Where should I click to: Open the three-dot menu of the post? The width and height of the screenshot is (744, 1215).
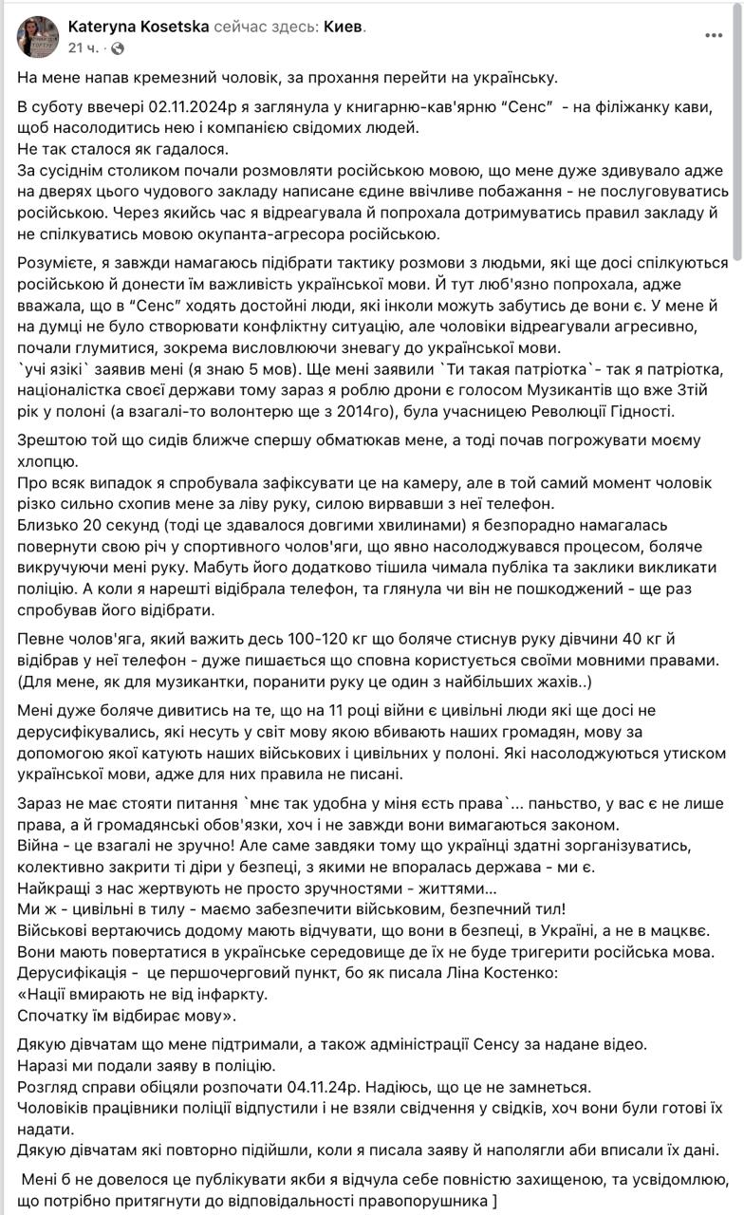[x=714, y=36]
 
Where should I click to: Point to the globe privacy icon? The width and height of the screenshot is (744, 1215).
[x=117, y=47]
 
